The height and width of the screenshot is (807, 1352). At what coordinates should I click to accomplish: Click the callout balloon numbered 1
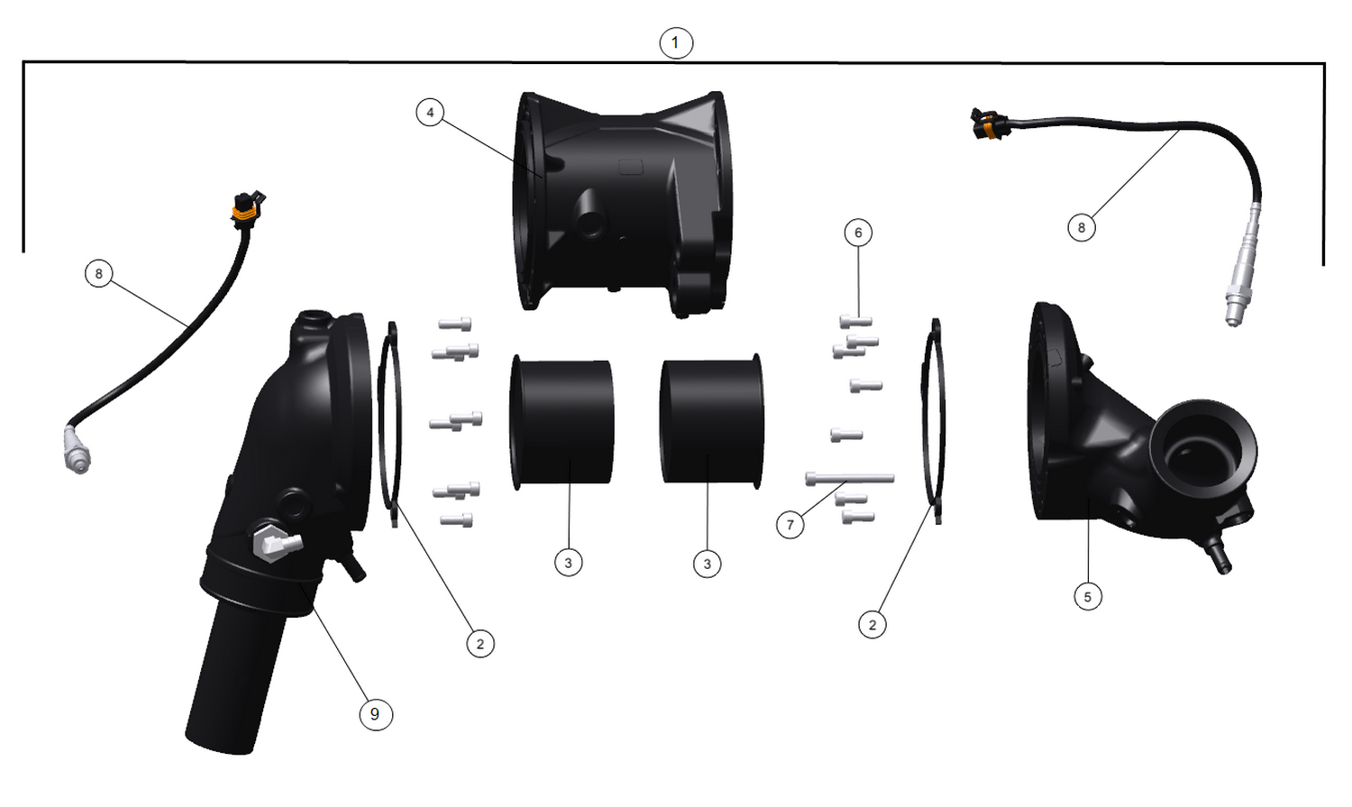tap(675, 42)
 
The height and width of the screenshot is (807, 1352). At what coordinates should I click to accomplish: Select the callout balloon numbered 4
tap(430, 113)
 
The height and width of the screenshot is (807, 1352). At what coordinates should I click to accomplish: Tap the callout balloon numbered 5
tap(1088, 596)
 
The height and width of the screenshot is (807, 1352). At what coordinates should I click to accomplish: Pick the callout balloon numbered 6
tap(858, 233)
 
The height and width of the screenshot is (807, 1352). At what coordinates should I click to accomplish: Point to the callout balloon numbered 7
tap(790, 524)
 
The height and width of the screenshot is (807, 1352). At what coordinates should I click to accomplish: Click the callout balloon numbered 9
tap(375, 714)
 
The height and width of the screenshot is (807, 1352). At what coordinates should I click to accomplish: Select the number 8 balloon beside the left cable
tap(98, 273)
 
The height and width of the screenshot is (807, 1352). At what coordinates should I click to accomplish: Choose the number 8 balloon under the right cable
tap(1082, 227)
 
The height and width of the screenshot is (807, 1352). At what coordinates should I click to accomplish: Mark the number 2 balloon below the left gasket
tap(480, 643)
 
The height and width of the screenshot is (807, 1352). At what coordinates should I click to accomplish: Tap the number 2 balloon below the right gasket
tap(872, 624)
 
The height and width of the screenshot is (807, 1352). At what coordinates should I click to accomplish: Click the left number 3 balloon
tap(568, 563)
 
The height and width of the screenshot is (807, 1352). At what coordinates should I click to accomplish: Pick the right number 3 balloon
tap(708, 564)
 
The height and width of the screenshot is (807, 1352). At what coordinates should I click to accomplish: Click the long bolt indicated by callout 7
tap(849, 478)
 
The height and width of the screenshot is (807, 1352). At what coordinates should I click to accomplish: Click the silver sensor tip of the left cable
tap(76, 451)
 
